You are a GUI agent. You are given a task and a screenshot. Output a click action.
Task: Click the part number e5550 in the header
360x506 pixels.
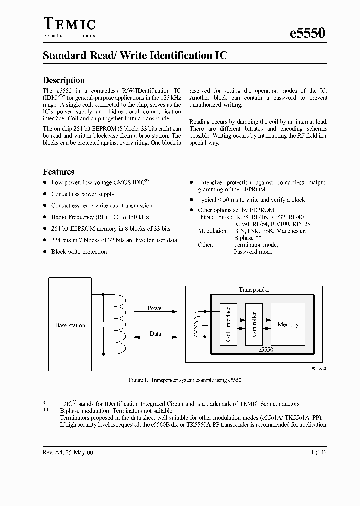click(x=308, y=33)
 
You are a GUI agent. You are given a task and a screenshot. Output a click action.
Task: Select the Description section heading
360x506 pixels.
click(x=64, y=80)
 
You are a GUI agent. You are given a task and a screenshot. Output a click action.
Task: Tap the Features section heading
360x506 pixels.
click(x=58, y=172)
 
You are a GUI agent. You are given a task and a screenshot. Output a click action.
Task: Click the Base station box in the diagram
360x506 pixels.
click(x=70, y=325)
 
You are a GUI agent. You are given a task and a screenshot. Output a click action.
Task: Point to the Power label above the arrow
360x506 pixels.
click(x=155, y=308)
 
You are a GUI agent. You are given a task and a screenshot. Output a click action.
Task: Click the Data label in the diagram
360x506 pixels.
click(x=155, y=333)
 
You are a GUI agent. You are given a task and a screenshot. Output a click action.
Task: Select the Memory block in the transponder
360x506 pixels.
click(x=288, y=324)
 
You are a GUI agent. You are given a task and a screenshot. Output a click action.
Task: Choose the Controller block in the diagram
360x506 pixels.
click(x=254, y=324)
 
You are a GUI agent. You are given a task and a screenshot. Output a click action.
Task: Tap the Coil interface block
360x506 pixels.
click(x=229, y=324)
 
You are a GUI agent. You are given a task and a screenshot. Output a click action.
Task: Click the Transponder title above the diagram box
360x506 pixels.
click(x=254, y=289)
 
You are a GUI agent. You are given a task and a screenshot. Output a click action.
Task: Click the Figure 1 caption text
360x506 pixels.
click(x=185, y=381)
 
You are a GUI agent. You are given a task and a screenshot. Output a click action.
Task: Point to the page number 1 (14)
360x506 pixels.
click(x=318, y=452)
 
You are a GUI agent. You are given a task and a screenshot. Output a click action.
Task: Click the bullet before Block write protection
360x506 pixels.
click(x=45, y=252)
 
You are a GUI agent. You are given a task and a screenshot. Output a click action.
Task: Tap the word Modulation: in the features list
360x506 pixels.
click(x=212, y=231)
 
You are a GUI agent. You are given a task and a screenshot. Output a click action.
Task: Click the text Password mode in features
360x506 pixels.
click(x=253, y=252)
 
